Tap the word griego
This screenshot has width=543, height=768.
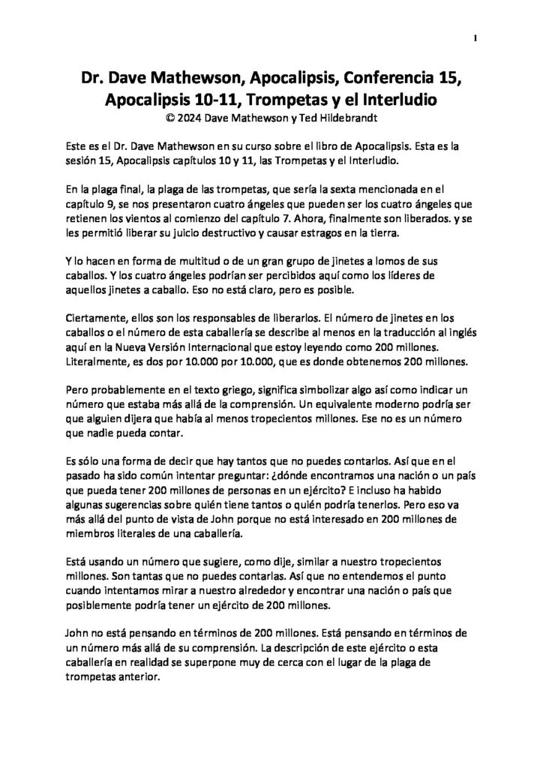coord(235,389)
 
